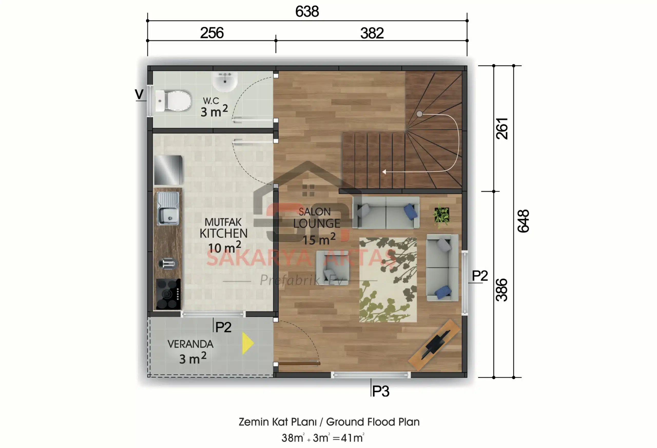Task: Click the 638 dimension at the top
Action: (x=307, y=12)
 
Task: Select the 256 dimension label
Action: (x=212, y=33)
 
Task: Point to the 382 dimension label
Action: (x=372, y=33)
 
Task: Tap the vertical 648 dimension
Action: (x=523, y=221)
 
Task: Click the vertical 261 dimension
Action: (x=502, y=129)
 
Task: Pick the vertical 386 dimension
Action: (x=502, y=290)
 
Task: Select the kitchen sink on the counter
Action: (x=168, y=209)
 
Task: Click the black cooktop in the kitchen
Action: (x=168, y=294)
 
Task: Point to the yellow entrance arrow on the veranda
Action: (x=247, y=343)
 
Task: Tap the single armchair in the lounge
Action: (x=332, y=267)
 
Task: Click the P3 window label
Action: (x=381, y=391)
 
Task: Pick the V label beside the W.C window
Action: (x=139, y=94)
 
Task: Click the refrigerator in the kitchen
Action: (x=168, y=170)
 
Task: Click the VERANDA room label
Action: (x=190, y=344)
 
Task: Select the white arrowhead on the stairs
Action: (x=384, y=172)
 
